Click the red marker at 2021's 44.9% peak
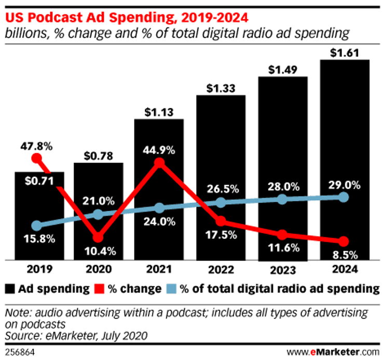pyautogui.click(x=159, y=163)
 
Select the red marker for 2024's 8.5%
pyautogui.click(x=343, y=241)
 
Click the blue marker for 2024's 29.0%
pyautogui.click(x=343, y=197)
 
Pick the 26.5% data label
pyautogui.click(x=221, y=187)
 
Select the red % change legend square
pyautogui.click(x=107, y=288)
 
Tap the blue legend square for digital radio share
pyautogui.click(x=171, y=288)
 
